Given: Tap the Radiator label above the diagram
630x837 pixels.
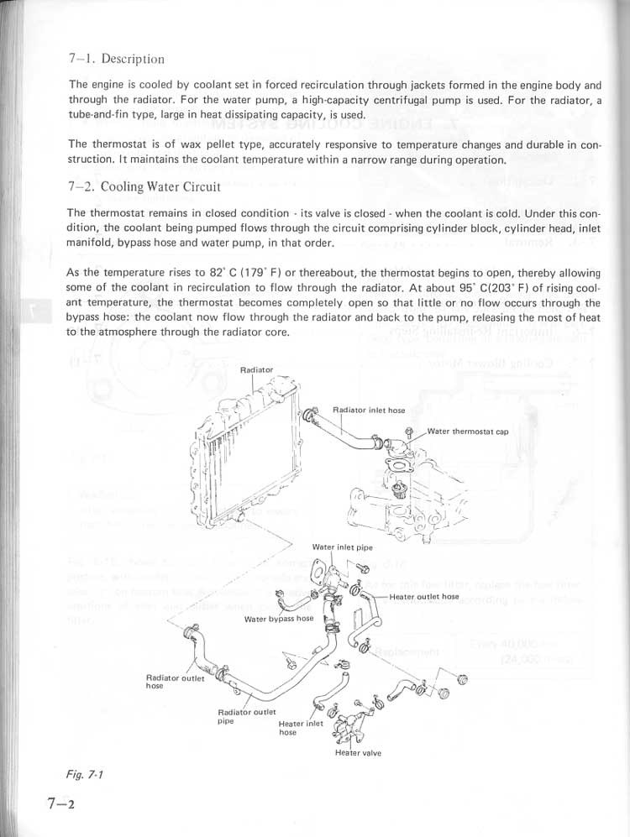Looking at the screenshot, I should [x=256, y=370].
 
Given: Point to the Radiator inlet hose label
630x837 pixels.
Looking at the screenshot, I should [x=369, y=411].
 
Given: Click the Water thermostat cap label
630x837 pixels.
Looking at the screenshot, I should [x=468, y=432].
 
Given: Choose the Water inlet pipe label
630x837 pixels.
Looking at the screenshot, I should [x=342, y=547].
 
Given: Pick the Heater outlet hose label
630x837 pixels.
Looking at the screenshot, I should [x=424, y=596].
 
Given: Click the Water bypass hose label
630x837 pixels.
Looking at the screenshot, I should [x=278, y=619].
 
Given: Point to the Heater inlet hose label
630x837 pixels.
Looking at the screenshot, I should [x=300, y=728].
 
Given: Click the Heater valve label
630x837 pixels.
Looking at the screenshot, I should [x=358, y=753].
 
